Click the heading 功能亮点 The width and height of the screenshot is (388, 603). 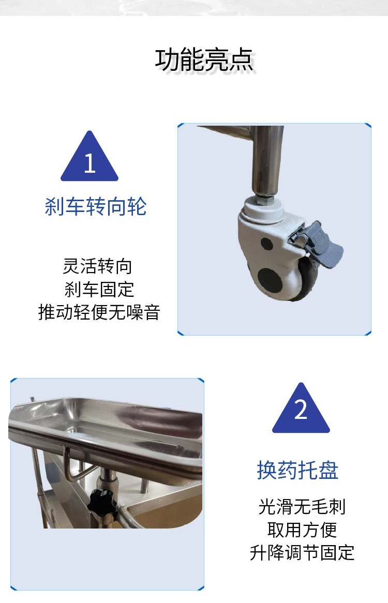click(x=204, y=60)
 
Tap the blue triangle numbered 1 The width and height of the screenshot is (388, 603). click(x=89, y=157)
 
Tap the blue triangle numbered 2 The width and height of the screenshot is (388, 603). click(x=301, y=409)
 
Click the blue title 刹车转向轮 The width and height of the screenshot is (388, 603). click(x=96, y=206)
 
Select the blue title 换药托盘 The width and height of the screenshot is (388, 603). click(x=297, y=470)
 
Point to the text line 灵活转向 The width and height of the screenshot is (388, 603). click(x=98, y=266)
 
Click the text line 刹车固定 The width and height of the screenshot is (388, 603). click(x=99, y=289)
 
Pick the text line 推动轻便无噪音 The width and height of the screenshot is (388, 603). click(x=99, y=312)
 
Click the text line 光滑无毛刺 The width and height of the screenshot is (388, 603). click(x=302, y=506)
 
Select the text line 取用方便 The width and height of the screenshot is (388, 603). click(x=302, y=530)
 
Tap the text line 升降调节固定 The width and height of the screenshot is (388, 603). click(x=302, y=553)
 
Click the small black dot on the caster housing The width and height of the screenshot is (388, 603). click(x=266, y=244)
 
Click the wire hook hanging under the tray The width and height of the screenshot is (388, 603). click(x=73, y=464)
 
